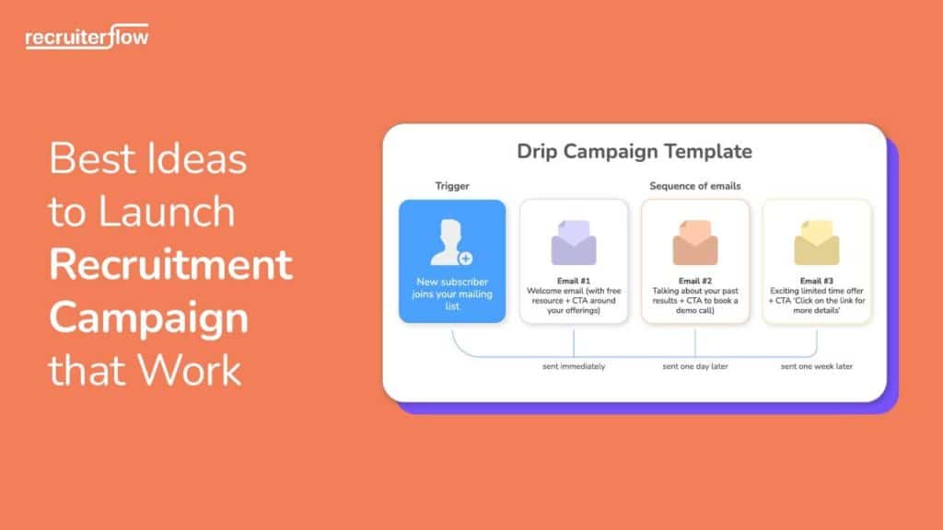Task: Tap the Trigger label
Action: pyautogui.click(x=451, y=186)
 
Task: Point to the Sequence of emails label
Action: pyautogui.click(x=694, y=186)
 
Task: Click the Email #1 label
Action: pyautogui.click(x=573, y=281)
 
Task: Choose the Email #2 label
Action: pyautogui.click(x=694, y=281)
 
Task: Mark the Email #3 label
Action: pyautogui.click(x=816, y=281)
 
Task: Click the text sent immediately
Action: pyautogui.click(x=573, y=366)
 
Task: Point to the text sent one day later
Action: pyautogui.click(x=695, y=366)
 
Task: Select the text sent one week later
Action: pyautogui.click(x=816, y=366)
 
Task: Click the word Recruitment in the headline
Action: pyautogui.click(x=170, y=265)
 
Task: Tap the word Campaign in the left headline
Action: pyautogui.click(x=148, y=318)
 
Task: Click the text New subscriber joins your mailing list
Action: pyautogui.click(x=451, y=293)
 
